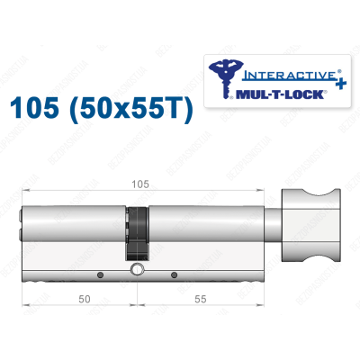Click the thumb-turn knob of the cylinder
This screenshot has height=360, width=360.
tap(318, 220)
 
